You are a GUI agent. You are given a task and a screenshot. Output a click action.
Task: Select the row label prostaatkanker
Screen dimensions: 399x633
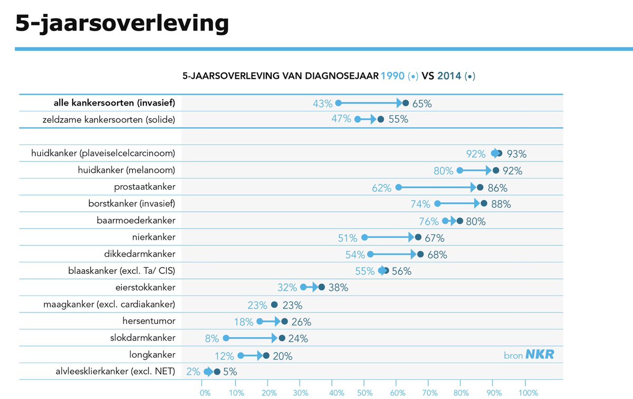click(145, 187)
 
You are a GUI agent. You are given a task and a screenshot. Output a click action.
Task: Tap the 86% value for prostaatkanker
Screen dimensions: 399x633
click(497, 188)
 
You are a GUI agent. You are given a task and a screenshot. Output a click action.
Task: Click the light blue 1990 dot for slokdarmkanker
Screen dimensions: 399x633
click(226, 338)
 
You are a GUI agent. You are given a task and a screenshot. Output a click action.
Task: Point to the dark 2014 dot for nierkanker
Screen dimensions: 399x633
click(418, 237)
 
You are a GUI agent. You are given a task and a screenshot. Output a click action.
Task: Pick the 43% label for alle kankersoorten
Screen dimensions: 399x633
click(323, 104)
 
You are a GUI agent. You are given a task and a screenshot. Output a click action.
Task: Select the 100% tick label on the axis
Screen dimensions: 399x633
click(528, 393)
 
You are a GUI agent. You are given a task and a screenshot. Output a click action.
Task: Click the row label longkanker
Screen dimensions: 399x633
click(152, 355)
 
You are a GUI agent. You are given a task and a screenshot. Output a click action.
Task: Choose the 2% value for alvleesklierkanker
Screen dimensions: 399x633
click(193, 372)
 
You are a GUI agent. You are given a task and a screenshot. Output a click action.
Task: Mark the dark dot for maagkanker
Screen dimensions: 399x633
click(274, 305)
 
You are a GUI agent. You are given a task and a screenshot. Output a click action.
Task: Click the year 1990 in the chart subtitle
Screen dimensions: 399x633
click(393, 76)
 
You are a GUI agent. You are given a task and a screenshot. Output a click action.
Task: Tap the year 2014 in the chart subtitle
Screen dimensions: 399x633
click(449, 76)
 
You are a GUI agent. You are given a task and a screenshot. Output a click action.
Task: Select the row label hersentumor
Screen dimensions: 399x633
click(149, 321)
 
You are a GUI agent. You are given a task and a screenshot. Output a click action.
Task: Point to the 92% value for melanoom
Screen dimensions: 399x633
click(512, 171)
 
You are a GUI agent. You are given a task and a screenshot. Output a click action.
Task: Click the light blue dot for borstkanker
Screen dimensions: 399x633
click(437, 204)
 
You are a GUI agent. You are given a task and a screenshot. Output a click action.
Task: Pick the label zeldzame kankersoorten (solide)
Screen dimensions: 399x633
click(109, 120)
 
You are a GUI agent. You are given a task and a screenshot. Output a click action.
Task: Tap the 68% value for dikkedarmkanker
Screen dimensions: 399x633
click(437, 255)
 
